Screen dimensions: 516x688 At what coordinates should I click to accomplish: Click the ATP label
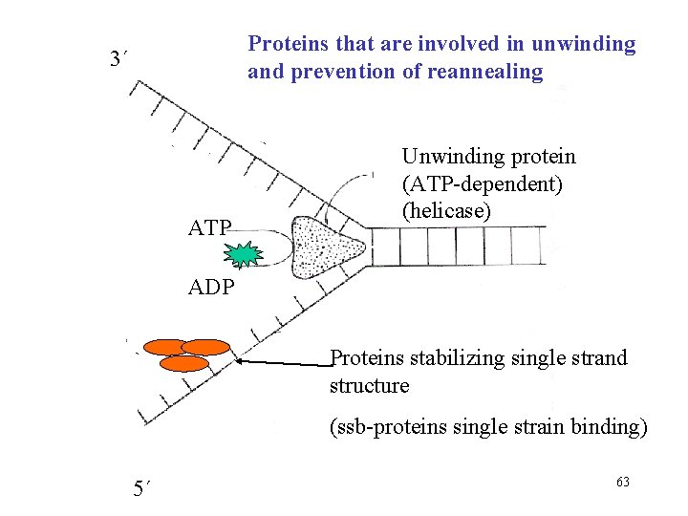point(210,229)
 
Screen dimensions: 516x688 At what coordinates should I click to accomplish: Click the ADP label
point(210,288)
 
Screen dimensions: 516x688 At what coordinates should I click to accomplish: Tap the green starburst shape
point(245,254)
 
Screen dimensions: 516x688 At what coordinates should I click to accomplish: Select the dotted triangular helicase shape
point(325,244)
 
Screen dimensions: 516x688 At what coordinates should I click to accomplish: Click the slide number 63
point(623,482)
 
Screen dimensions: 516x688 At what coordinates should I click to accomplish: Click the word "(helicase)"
point(446,209)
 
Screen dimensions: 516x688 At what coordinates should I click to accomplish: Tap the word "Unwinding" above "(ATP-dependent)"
point(448,155)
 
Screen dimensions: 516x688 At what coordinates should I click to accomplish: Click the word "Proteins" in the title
point(283,44)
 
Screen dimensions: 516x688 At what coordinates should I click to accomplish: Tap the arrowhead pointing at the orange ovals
point(240,361)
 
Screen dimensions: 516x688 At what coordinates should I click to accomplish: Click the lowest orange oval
point(183,364)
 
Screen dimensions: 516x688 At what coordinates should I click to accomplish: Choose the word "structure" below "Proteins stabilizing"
point(369,386)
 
